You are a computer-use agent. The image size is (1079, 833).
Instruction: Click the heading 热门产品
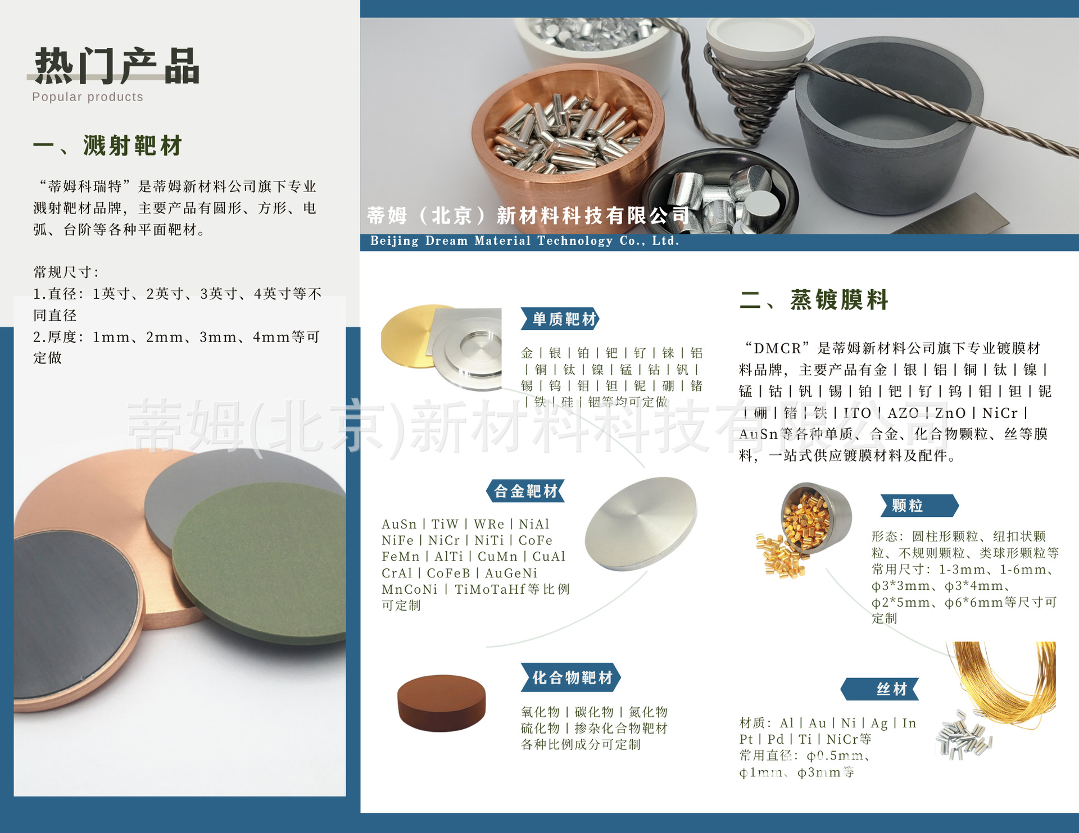click(x=117, y=66)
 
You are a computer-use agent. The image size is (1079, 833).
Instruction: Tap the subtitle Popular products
click(x=88, y=97)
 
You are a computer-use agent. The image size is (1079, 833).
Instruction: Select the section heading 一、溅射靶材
click(x=108, y=145)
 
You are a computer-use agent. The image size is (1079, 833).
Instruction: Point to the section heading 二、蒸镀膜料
click(x=814, y=299)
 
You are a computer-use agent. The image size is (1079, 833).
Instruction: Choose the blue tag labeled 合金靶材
click(x=525, y=491)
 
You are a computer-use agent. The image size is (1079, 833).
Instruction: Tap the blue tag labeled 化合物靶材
click(x=571, y=677)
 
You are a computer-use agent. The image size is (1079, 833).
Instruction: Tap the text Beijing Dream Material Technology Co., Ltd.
click(x=525, y=241)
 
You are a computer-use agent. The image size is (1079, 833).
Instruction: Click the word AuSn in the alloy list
click(x=399, y=524)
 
